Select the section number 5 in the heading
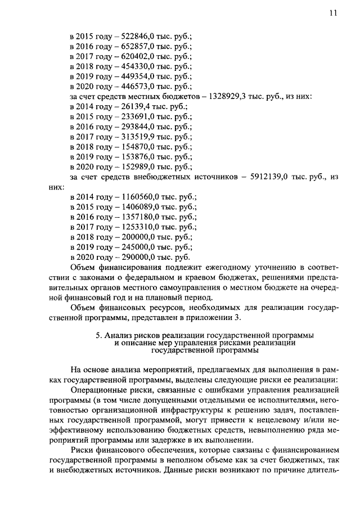[98, 335]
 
